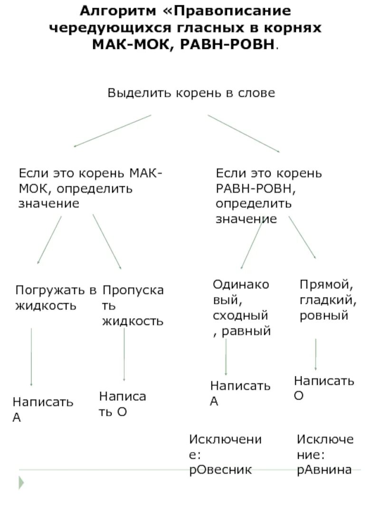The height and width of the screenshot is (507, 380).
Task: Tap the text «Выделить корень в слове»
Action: tap(191, 93)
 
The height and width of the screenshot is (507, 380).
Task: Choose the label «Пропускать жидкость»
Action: tap(133, 306)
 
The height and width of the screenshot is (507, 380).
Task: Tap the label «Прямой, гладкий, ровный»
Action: tap(328, 300)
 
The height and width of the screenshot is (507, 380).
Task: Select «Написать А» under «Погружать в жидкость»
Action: tap(43, 410)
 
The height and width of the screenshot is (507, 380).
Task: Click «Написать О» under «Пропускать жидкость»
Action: tap(122, 403)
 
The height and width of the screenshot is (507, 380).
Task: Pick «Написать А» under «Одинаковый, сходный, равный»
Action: tap(240, 393)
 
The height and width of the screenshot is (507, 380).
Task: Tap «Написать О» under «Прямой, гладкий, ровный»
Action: tap(323, 388)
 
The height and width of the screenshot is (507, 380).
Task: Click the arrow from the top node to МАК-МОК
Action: tap(113, 131)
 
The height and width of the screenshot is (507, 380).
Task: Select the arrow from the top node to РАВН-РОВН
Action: tap(243, 134)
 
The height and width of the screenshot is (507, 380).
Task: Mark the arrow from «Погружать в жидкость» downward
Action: tap(31, 356)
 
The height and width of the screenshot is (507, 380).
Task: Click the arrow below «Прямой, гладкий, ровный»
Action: tap(316, 354)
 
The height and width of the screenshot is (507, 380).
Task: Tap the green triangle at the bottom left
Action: tap(21, 483)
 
